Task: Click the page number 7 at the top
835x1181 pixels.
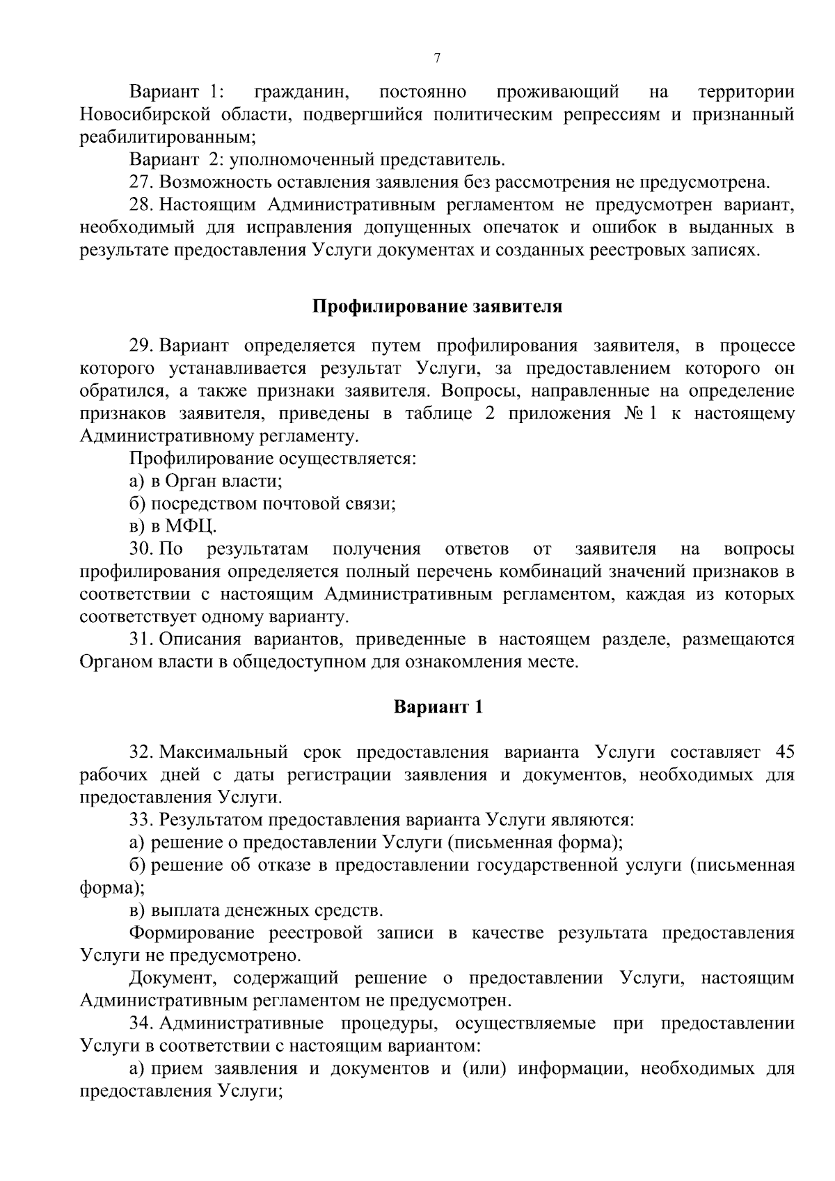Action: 437,58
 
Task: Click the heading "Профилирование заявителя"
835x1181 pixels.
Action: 436,307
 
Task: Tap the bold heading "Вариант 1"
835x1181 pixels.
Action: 438,708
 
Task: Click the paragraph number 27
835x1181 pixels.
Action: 141,182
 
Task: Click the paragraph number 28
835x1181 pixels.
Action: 141,205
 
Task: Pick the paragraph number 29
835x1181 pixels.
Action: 141,346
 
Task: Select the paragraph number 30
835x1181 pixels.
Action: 141,549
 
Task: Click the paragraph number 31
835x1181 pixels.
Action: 141,640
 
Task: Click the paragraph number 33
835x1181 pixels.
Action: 141,820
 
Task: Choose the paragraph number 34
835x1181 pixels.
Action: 141,1024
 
